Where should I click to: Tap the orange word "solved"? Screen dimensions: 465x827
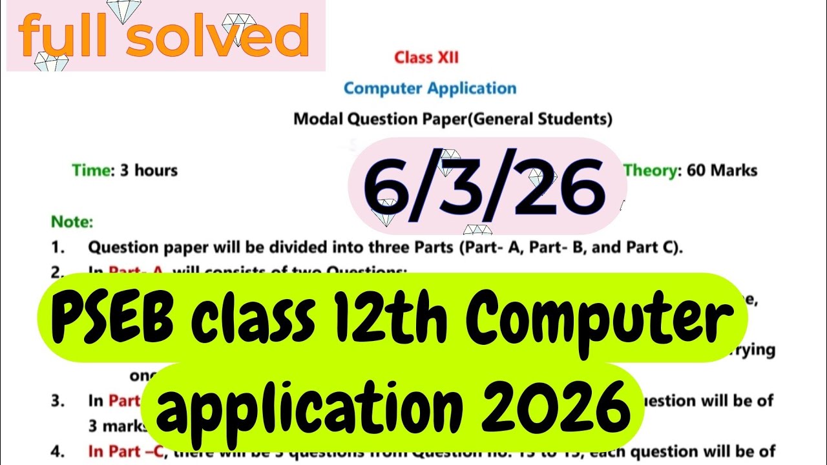pos(216,37)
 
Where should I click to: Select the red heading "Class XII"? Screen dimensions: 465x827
pos(426,57)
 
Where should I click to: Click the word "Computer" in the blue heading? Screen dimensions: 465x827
pos(383,88)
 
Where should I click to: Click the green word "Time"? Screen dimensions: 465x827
pos(91,170)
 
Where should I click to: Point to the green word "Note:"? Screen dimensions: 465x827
pos(72,222)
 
